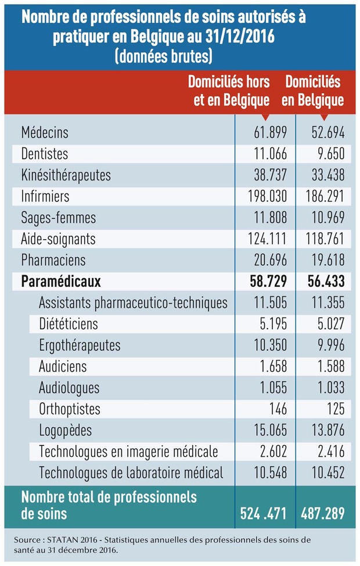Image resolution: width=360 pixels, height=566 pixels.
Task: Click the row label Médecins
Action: pyautogui.click(x=45, y=132)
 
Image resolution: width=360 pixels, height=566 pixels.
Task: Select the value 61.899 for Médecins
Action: pyautogui.click(x=270, y=132)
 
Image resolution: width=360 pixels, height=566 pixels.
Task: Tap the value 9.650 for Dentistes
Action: pyautogui.click(x=331, y=154)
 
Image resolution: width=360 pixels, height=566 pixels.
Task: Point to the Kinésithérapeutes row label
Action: pyautogui.click(x=66, y=175)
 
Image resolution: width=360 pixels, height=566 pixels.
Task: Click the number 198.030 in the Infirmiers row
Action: pyautogui.click(x=267, y=196)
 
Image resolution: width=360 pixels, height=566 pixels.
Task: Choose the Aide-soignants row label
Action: pyautogui.click(x=58, y=239)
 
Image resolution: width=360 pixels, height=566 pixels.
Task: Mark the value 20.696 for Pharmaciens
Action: pyautogui.click(x=270, y=260)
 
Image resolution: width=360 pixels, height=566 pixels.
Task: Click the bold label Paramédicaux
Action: pyautogui.click(x=60, y=282)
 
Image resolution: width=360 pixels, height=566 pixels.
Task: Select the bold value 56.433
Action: pyautogui.click(x=326, y=282)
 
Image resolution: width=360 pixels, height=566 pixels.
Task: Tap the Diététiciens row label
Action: pyautogui.click(x=69, y=324)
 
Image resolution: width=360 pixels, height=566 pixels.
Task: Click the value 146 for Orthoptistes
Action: pyautogui.click(x=278, y=409)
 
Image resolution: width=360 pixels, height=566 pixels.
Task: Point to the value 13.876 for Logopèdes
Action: pyautogui.click(x=328, y=430)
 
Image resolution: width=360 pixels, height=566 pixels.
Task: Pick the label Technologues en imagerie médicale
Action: pyautogui.click(x=128, y=452)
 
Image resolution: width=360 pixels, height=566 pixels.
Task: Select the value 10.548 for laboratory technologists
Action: pyautogui.click(x=270, y=473)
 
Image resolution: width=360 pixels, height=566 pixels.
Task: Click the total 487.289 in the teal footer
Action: pyautogui.click(x=323, y=513)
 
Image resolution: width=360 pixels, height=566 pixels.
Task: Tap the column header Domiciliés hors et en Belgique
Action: pyautogui.click(x=229, y=91)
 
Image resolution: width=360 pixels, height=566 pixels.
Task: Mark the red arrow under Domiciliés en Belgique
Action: pyautogui.click(x=324, y=117)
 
